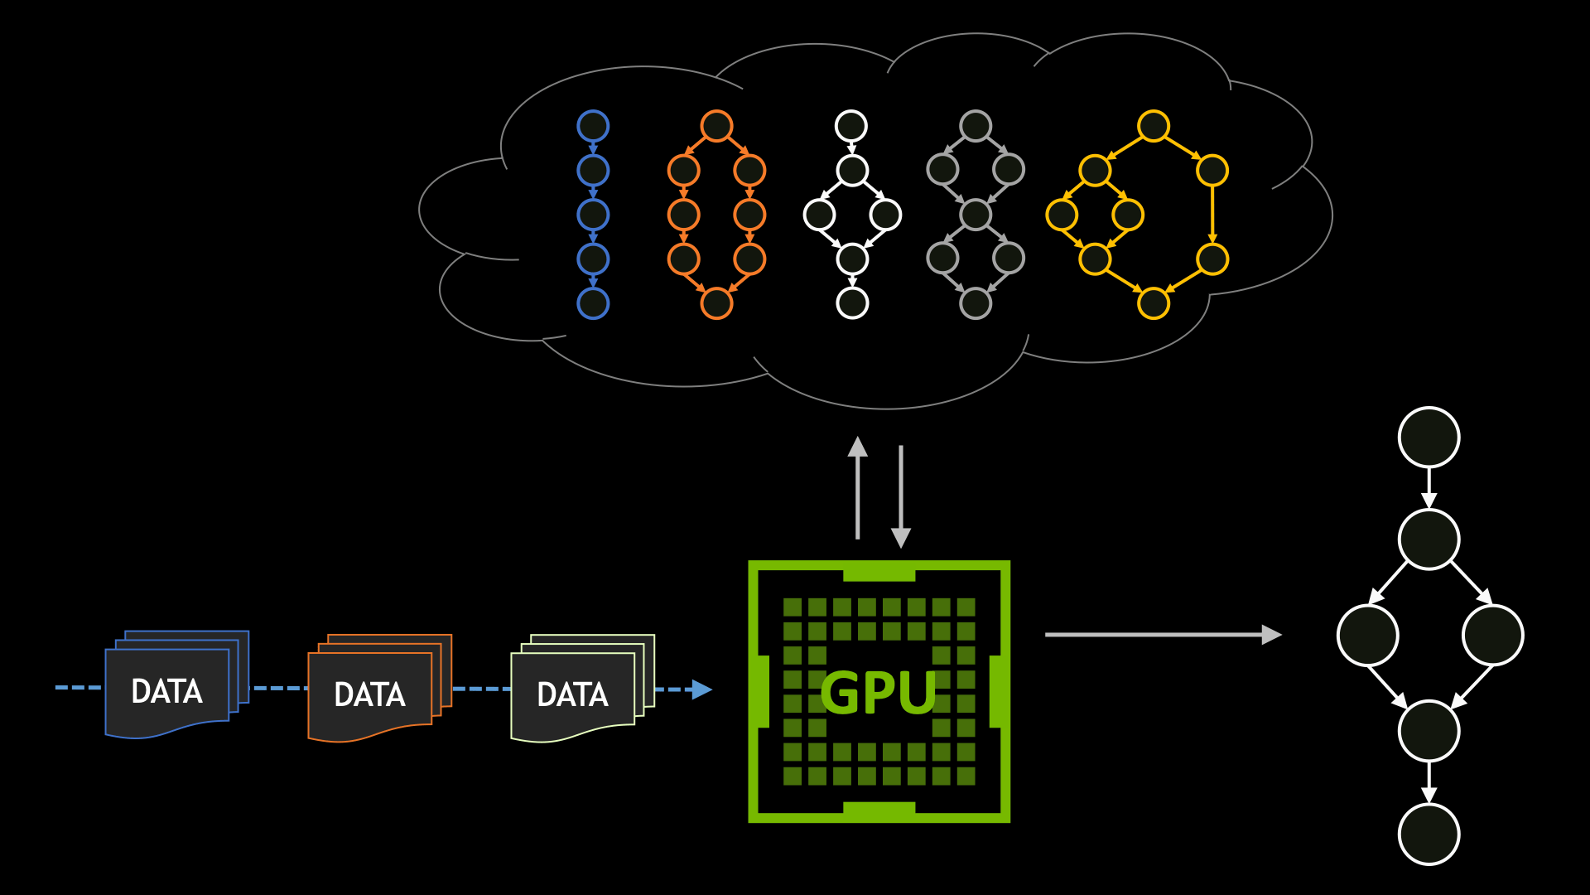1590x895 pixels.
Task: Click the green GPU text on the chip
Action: pos(878,693)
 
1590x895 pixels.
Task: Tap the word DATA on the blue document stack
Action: pos(166,692)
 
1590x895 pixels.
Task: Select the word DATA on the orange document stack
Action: pos(369,695)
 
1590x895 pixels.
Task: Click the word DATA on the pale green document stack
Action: pos(572,695)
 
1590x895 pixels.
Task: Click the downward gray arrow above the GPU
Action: pos(901,497)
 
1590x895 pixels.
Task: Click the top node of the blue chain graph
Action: pos(593,126)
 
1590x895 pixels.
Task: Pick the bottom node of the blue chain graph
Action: pos(593,303)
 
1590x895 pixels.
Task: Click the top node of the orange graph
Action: pos(716,126)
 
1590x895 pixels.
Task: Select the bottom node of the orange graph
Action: pos(716,303)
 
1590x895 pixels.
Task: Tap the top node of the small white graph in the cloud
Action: pos(851,126)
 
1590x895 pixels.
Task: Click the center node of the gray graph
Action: pos(976,215)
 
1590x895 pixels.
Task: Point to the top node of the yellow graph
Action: pos(1154,126)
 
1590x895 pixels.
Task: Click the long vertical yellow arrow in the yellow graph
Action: pos(1212,215)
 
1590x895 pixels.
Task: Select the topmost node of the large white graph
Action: pos(1429,437)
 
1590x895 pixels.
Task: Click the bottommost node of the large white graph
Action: pos(1429,834)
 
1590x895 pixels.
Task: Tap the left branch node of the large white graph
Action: pos(1368,636)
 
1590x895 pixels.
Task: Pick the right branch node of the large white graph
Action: pos(1492,636)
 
